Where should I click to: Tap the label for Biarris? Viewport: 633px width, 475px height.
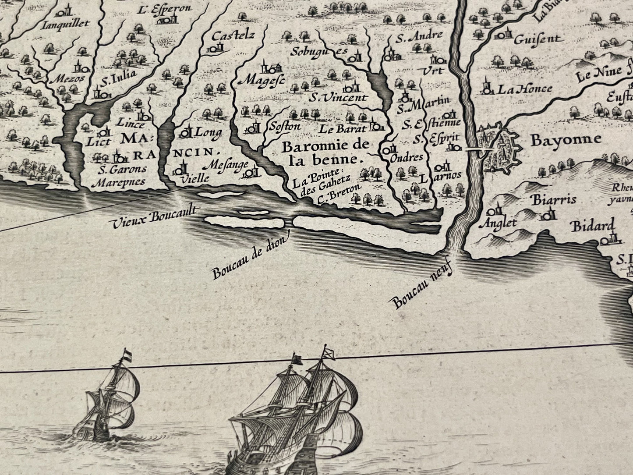coord(553,200)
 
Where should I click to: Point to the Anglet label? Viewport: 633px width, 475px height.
coord(499,223)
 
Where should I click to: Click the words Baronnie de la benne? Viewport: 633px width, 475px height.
coord(325,152)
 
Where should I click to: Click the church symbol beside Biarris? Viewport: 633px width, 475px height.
coord(547,214)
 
